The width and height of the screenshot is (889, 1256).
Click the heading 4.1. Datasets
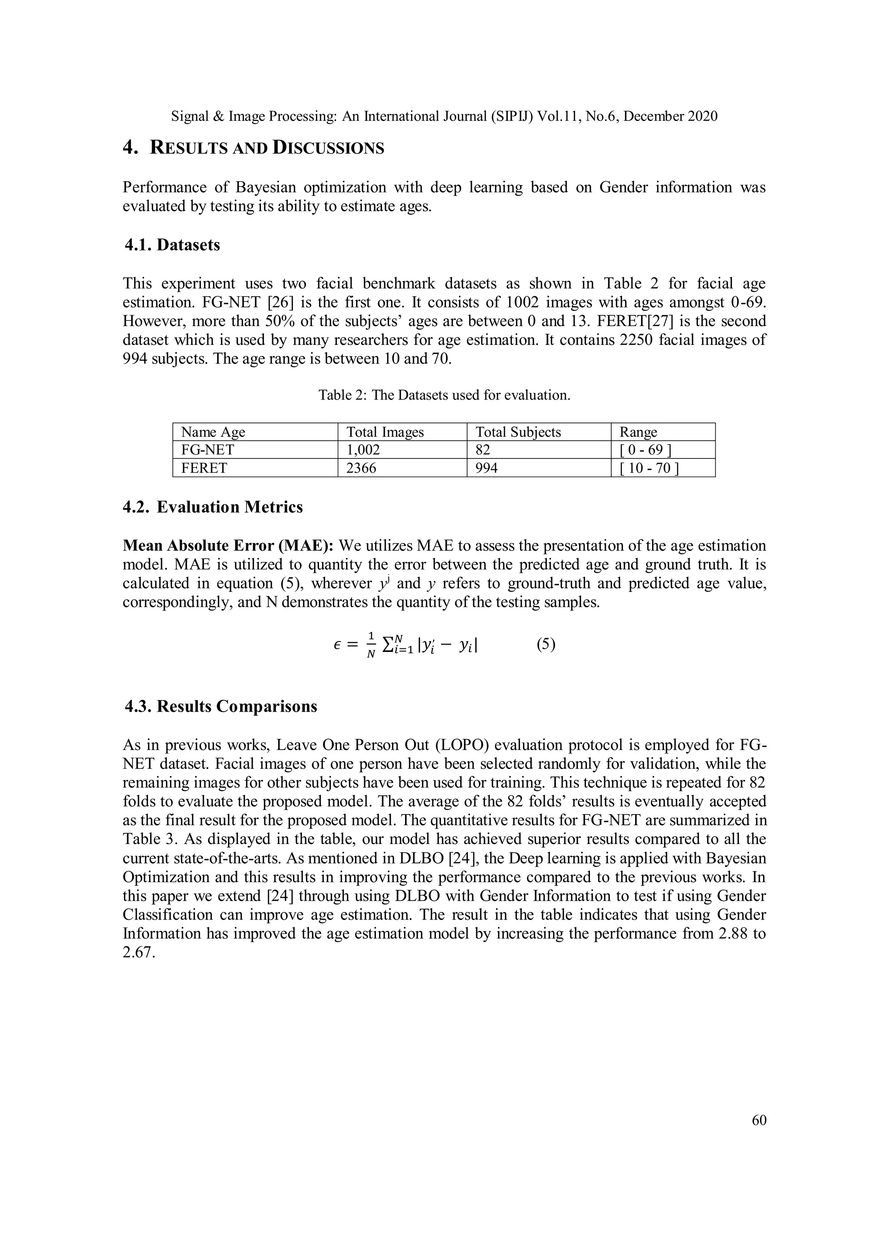(172, 245)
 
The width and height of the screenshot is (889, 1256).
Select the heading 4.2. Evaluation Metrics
(212, 507)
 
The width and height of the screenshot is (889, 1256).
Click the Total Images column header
(385, 432)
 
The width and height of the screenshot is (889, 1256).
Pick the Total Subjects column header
(518, 432)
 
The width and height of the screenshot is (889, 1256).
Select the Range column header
(638, 432)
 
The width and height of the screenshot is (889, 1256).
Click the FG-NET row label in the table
(207, 450)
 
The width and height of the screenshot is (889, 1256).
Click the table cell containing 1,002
(363, 450)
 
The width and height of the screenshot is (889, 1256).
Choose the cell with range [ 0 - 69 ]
(645, 450)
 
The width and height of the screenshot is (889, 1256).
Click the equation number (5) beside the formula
(546, 644)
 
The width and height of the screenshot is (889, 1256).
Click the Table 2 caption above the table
(444, 395)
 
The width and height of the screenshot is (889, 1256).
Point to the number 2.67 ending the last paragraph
(138, 952)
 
